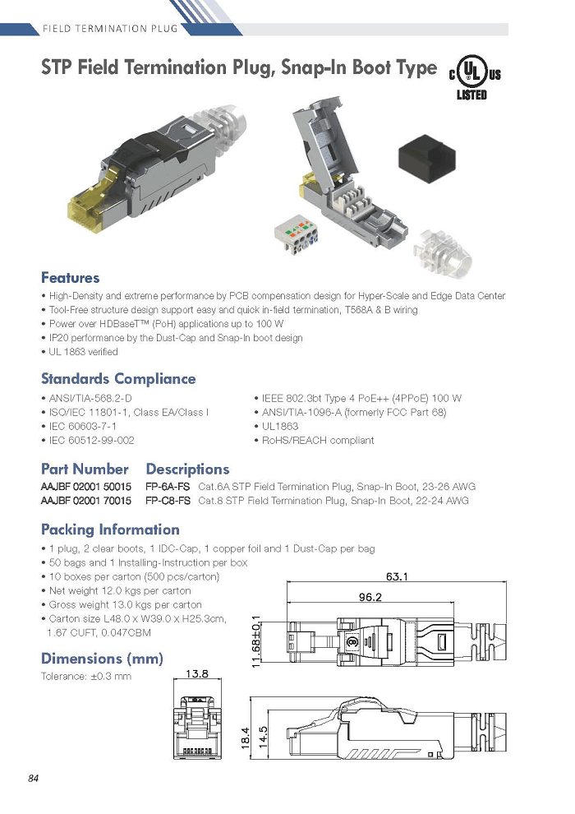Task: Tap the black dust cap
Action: coord(426,159)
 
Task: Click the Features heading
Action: coord(70,277)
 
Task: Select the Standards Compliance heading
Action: coord(118,378)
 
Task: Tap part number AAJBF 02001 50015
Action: coord(86,487)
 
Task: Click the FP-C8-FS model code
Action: coord(168,501)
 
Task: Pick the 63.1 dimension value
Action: coord(397,576)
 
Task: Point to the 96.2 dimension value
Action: coord(370,597)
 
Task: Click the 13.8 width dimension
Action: coord(197,673)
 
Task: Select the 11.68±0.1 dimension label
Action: coord(255,642)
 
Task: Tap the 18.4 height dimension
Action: coord(246,738)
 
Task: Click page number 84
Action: coord(33,778)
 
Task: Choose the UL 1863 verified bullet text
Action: coord(84,351)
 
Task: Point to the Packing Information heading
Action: coord(110,529)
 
